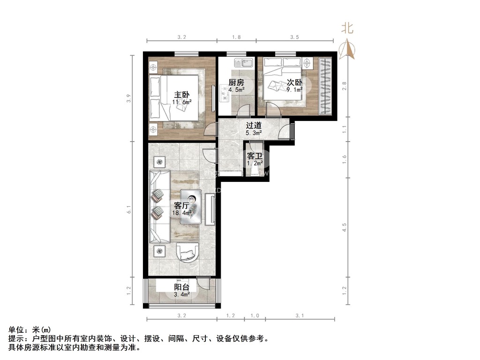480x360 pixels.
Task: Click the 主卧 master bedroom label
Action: (x=176, y=94)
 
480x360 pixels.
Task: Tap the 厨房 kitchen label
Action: (x=236, y=82)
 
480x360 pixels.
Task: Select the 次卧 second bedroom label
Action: (x=294, y=82)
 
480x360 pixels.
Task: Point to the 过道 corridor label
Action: (x=254, y=126)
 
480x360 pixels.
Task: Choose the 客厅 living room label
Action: (x=181, y=205)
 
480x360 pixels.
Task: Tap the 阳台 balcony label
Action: (x=182, y=287)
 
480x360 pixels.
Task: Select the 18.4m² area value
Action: (x=182, y=213)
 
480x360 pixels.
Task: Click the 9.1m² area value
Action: (x=294, y=90)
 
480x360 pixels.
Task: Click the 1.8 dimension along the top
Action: (x=237, y=37)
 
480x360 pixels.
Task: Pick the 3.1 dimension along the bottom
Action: (x=300, y=316)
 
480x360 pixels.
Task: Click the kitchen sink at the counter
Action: (x=244, y=62)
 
